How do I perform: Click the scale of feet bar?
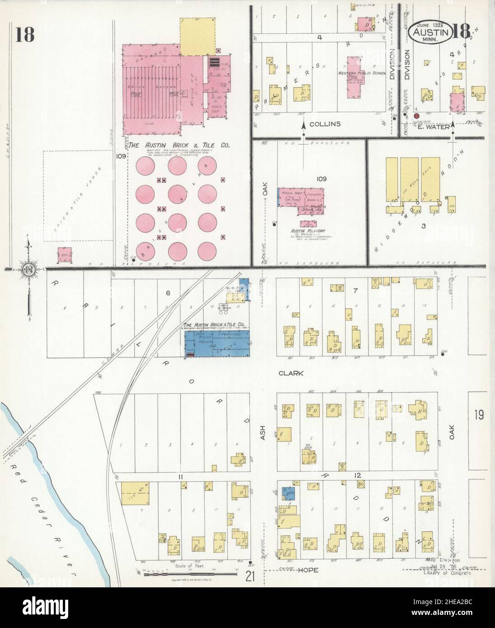click(190, 573)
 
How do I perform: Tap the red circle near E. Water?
click(416, 116)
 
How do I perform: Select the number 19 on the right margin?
click(479, 414)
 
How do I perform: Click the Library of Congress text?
click(447, 573)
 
